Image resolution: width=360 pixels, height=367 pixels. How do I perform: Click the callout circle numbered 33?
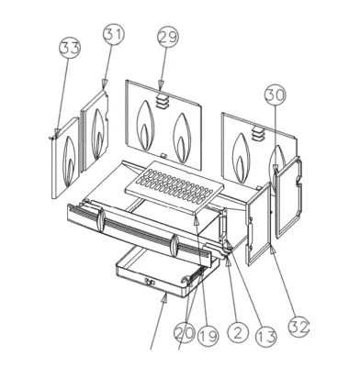pos(70,48)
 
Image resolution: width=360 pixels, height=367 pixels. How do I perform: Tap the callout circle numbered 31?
pos(114,35)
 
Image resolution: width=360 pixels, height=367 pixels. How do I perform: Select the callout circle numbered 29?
pos(168,38)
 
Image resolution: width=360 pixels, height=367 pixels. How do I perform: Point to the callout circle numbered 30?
pos(276,95)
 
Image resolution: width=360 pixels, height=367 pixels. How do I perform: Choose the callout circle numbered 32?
pos(299,327)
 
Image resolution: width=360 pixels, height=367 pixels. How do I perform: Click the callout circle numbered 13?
pos(266,337)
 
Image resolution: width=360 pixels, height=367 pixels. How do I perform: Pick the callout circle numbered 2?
pos(238,332)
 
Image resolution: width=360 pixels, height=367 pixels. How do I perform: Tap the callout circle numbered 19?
pos(208,335)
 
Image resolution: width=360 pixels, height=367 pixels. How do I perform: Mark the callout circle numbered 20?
pos(185,332)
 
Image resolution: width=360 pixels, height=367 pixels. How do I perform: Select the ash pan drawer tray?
pos(167,272)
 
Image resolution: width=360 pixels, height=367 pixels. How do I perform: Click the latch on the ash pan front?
pos(149,282)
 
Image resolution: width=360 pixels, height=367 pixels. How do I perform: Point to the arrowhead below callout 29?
pos(161,85)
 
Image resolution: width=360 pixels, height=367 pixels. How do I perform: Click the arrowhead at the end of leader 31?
pos(105,84)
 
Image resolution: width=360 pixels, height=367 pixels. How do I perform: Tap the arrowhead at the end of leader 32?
pos(273,250)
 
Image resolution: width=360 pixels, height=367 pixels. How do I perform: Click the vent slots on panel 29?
pos(163,101)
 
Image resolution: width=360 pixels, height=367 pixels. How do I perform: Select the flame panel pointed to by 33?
pos(66,158)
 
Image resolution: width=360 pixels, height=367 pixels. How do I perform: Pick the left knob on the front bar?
pos(101,220)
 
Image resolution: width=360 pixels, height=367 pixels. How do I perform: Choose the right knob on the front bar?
pos(174,246)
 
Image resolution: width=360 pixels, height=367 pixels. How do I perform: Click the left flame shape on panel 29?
pos(146,126)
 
